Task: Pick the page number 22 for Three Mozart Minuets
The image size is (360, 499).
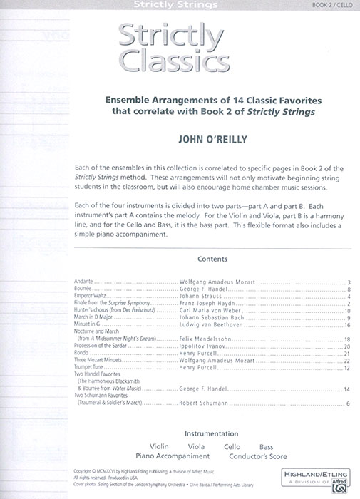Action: (x=347, y=361)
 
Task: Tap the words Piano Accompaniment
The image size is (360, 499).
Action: (x=173, y=456)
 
